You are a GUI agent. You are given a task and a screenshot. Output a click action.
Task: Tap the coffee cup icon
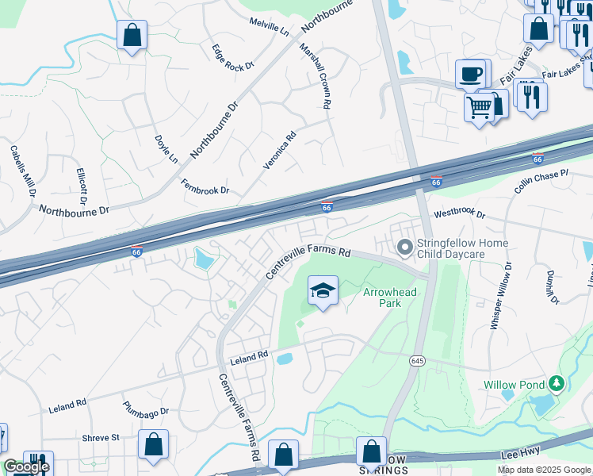click(472, 75)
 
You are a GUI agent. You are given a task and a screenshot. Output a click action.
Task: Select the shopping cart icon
click(479, 106)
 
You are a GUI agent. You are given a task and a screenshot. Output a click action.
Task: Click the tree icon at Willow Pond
click(557, 385)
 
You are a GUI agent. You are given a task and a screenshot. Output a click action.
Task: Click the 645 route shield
click(417, 361)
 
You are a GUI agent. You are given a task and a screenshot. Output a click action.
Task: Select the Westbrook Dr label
click(458, 214)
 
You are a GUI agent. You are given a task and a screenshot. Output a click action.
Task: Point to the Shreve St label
click(100, 437)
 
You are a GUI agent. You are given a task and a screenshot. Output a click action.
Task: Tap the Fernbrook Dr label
click(205, 186)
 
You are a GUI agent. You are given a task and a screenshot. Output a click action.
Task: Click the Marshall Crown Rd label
click(315, 75)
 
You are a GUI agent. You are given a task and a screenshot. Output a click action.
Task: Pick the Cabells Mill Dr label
click(23, 171)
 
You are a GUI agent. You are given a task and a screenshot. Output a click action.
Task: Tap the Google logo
click(26, 467)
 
